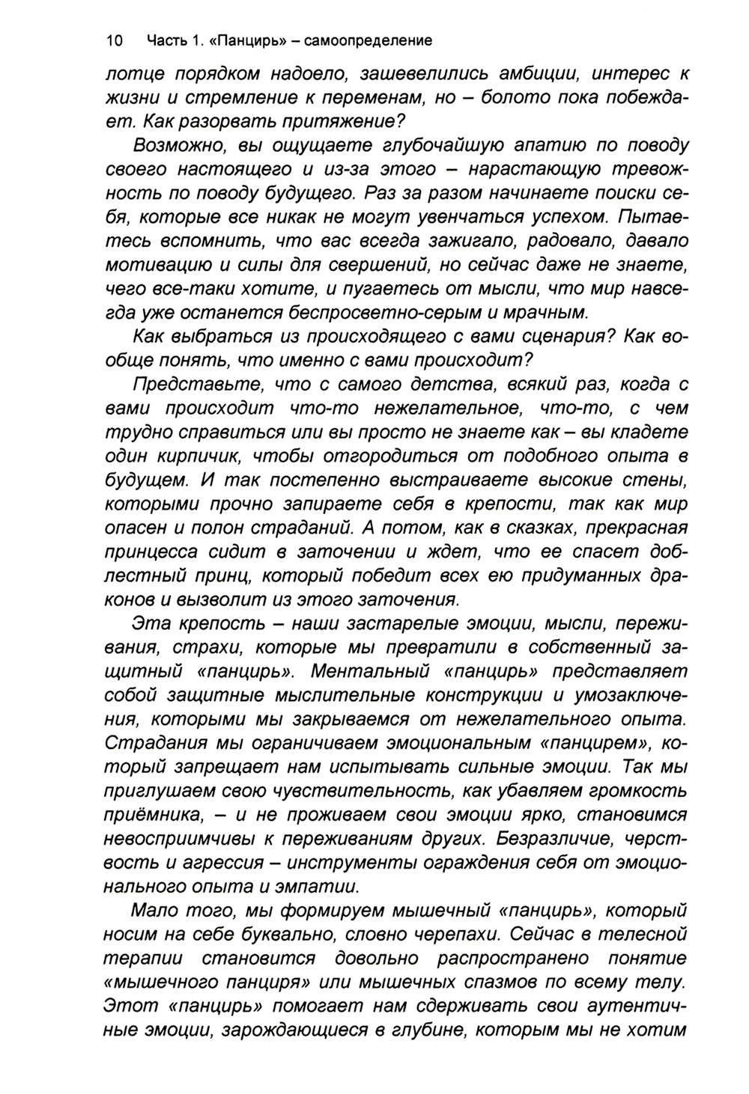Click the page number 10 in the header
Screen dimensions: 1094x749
[x=115, y=40]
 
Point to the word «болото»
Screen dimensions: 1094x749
[x=529, y=98]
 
